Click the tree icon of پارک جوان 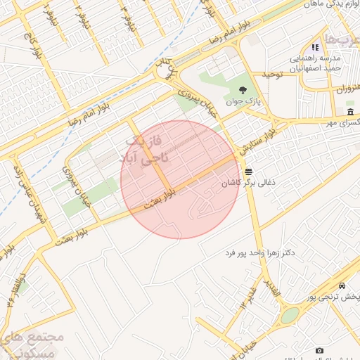pos(243,89)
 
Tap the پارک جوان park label pos(243,101)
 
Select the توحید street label pos(272,74)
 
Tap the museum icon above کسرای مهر pos(350,112)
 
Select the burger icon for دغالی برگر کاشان pos(248,172)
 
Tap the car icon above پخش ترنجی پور pos(342,286)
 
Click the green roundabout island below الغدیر pos(290,315)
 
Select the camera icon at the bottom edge pos(320,350)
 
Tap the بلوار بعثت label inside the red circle pos(159,198)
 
